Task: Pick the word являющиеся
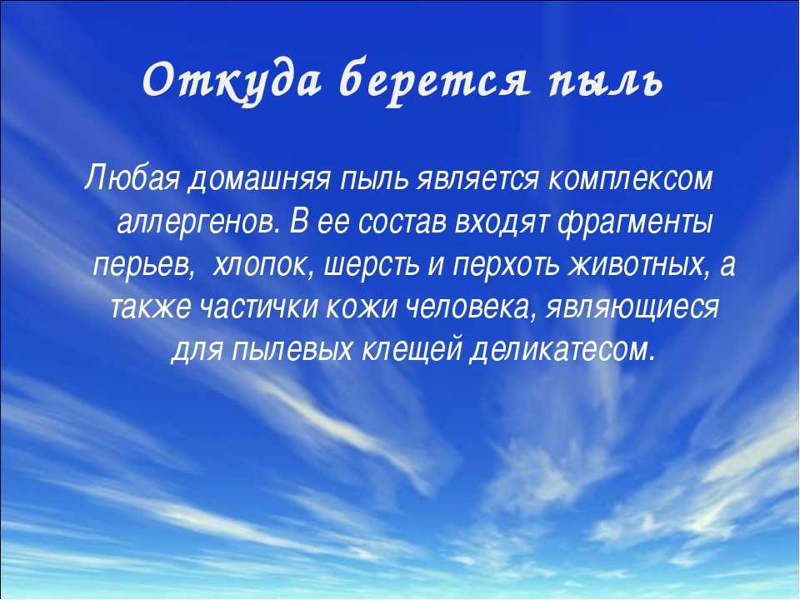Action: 632,309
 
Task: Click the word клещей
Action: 412,352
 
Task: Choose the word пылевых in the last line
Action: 292,351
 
